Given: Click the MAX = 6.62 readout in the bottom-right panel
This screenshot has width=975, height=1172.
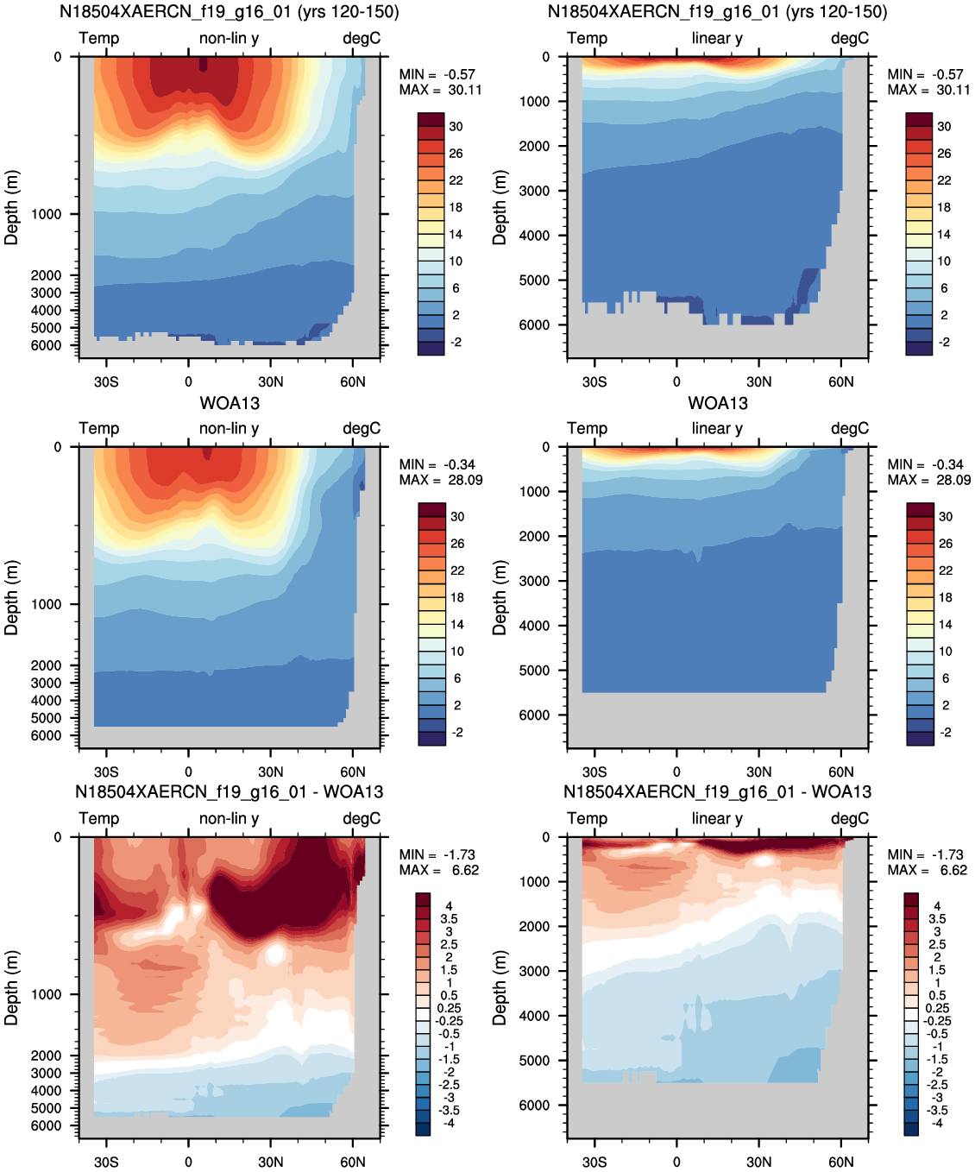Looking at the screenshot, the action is (928, 870).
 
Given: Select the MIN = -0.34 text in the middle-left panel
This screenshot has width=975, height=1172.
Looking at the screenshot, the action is (437, 465).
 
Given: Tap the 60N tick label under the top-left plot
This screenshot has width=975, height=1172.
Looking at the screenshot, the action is (353, 382).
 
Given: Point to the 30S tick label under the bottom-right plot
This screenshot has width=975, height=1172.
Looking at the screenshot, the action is (594, 1163).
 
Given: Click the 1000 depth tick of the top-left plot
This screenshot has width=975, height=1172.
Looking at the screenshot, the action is (46, 214).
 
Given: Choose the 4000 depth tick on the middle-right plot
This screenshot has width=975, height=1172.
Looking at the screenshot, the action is (534, 626).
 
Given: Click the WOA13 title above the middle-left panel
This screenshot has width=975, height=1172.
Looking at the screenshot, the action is (230, 403).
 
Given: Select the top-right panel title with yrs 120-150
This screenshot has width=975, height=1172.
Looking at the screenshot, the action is (717, 11).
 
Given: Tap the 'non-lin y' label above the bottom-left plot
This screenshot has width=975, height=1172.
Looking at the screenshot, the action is (229, 819).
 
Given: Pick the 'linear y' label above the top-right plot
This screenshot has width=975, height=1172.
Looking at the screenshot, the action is (717, 38).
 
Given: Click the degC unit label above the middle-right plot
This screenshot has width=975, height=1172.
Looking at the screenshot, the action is (850, 428).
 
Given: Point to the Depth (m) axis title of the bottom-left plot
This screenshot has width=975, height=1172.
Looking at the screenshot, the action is (11, 988).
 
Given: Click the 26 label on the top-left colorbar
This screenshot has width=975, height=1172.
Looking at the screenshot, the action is (456, 154).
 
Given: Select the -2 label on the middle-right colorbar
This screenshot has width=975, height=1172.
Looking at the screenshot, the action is (946, 733).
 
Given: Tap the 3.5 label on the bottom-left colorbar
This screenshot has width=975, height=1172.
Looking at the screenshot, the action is (449, 919).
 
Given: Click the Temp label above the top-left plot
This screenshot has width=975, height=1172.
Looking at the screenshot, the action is (98, 38).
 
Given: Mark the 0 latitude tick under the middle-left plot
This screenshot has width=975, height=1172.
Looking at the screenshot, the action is (188, 772).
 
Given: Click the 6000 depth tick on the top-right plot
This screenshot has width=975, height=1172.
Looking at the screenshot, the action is (534, 325).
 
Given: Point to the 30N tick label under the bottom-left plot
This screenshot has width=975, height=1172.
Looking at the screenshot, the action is (271, 1163).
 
